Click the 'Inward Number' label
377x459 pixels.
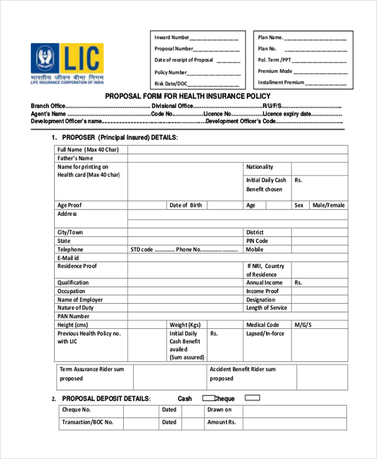[x=172, y=38]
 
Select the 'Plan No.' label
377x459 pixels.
[x=267, y=49]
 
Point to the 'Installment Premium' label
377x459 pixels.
[x=281, y=82]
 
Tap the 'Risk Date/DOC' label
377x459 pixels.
[x=171, y=84]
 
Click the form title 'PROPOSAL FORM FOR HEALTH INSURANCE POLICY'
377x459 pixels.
[x=188, y=97]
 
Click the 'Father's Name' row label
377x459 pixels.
[x=75, y=158]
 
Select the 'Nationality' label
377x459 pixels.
[x=260, y=167]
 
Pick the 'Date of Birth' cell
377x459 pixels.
[x=186, y=206]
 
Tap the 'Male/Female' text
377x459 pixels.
[x=329, y=206]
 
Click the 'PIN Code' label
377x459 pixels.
[x=257, y=241]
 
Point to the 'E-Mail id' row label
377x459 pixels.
[x=68, y=258]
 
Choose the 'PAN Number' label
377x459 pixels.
[x=74, y=316]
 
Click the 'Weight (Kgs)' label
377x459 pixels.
[x=185, y=325]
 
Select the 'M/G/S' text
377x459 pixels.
[x=303, y=325]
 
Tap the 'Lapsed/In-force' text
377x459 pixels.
[x=265, y=334]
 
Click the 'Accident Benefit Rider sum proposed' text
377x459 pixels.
[x=242, y=374]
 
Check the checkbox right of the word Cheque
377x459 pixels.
[x=252, y=398]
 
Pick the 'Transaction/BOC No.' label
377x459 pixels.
[x=87, y=423]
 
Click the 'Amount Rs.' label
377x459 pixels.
[x=221, y=423]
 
